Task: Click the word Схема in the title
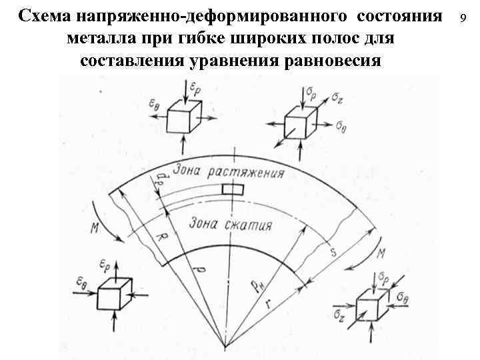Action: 45,15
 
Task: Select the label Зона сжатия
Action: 231,223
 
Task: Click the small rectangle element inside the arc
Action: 233,189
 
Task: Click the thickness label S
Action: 333,253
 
